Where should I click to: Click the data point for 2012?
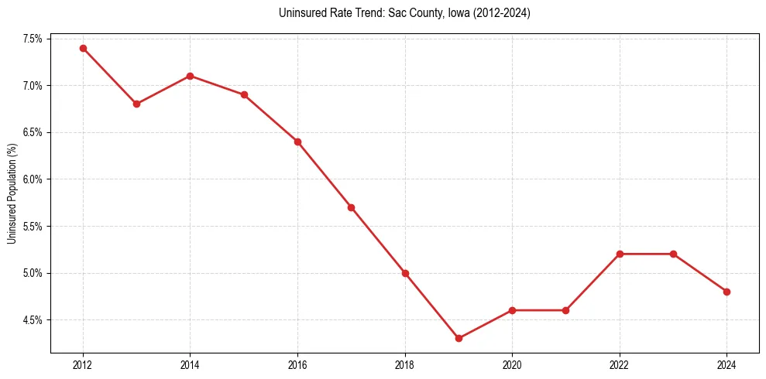[83, 48]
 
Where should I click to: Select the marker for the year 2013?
[136, 104]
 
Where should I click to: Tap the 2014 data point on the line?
[190, 76]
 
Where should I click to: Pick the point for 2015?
[244, 94]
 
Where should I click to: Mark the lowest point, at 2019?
[459, 338]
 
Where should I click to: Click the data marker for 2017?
[351, 207]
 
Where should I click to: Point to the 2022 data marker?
[620, 254]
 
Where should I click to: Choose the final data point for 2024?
[726, 292]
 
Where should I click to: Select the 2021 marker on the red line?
[565, 310]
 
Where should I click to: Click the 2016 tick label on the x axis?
[297, 365]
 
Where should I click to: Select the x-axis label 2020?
[512, 365]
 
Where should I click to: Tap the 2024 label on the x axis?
[726, 365]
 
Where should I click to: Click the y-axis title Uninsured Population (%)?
[12, 193]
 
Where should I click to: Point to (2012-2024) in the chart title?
[500, 13]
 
